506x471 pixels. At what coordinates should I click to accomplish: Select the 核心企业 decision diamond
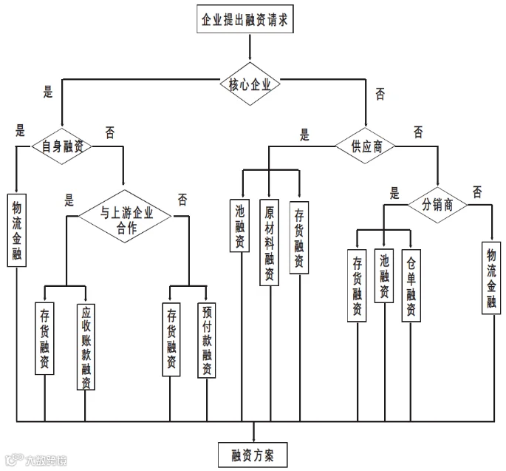250,84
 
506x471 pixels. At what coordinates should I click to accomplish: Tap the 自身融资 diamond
62,146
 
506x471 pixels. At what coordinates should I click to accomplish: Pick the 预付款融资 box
207,339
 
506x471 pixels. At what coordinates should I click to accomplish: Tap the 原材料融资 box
270,243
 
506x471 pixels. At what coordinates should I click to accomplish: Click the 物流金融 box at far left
17,230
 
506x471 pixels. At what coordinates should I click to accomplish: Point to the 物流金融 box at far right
490,277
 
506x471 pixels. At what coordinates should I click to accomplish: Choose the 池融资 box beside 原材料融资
239,226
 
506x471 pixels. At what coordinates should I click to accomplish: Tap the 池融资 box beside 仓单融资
383,275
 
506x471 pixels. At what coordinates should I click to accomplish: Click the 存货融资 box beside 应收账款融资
44,338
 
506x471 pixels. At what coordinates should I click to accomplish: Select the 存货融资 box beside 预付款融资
171,339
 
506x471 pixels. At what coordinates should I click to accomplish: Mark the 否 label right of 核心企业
380,94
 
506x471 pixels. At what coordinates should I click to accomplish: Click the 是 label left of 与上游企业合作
69,199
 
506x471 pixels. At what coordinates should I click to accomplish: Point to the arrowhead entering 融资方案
253,438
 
